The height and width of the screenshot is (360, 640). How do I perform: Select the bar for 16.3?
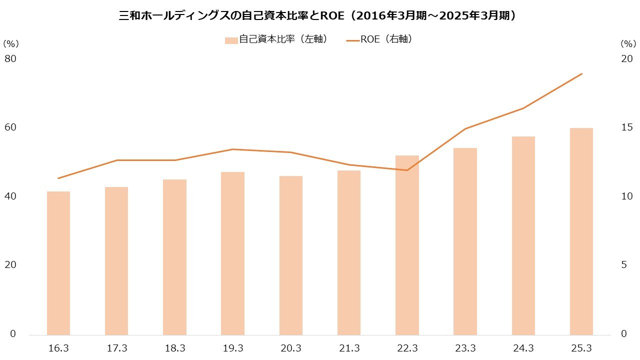pos(58,263)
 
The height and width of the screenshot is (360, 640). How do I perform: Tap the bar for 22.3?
pos(407,245)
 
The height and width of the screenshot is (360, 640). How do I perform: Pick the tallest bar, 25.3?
pos(581,231)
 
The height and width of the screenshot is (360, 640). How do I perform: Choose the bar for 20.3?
pos(290,255)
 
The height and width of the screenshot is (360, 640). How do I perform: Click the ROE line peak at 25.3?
pos(581,74)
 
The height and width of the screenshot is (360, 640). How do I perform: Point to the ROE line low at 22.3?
pos(407,170)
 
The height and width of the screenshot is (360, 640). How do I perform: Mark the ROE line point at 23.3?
pos(465,129)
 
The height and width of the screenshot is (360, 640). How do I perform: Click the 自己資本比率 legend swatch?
pos(231,40)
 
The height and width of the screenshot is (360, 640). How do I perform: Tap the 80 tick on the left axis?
pos(10,59)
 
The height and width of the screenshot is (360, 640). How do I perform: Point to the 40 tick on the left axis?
pos(10,196)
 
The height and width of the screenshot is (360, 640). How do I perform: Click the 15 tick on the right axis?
pos(626,127)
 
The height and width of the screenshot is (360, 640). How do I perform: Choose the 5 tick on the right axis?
pos(623,265)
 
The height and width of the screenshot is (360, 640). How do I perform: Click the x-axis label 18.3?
pos(174,348)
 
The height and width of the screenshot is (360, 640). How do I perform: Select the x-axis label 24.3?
pos(523,348)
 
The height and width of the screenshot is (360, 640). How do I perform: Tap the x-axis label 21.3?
pos(348,348)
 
